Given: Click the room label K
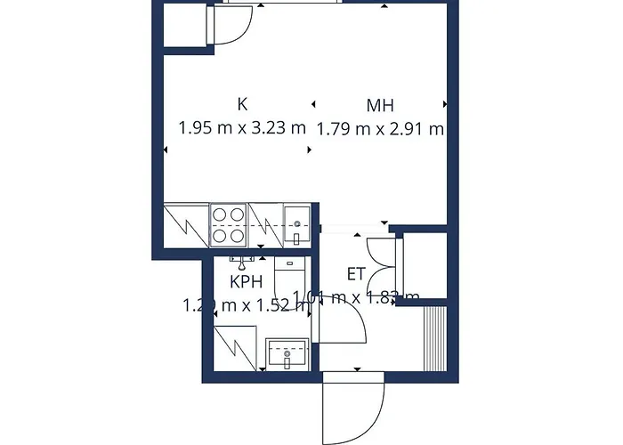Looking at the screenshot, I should pyautogui.click(x=243, y=104).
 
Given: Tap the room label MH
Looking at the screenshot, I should pyautogui.click(x=381, y=105).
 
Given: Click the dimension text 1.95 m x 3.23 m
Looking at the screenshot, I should pyautogui.click(x=242, y=127).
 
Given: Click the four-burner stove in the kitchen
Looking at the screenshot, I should pyautogui.click(x=228, y=224).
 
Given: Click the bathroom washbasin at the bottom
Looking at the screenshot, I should pyautogui.click(x=287, y=356).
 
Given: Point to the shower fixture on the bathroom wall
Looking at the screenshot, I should pyautogui.click(x=241, y=260).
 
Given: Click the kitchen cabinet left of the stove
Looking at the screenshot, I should pyautogui.click(x=186, y=224).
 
